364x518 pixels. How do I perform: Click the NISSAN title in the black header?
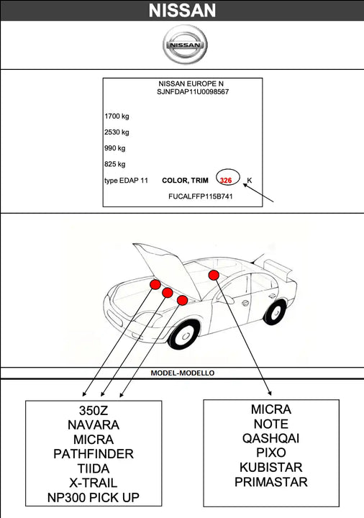pyautogui.click(x=182, y=10)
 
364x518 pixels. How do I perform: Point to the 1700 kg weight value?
pyautogui.click(x=117, y=116)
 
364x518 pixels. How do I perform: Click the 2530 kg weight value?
pyautogui.click(x=117, y=132)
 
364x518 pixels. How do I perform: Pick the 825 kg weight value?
pyautogui.click(x=115, y=164)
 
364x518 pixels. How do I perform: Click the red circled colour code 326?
pyautogui.click(x=226, y=180)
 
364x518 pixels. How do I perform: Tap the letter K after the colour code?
pyautogui.click(x=250, y=180)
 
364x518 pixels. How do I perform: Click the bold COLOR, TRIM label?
pyautogui.click(x=186, y=180)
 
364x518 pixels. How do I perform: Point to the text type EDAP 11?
pyautogui.click(x=126, y=180)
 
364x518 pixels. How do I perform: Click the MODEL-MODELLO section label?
pyautogui.click(x=182, y=373)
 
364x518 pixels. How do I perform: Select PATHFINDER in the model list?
pyautogui.click(x=94, y=454)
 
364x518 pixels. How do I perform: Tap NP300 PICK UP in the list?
pyautogui.click(x=94, y=497)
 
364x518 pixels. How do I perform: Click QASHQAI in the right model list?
pyautogui.click(x=271, y=438)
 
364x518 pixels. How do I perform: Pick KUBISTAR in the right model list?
pyautogui.click(x=271, y=467)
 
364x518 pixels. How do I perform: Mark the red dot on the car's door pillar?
pyautogui.click(x=214, y=275)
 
